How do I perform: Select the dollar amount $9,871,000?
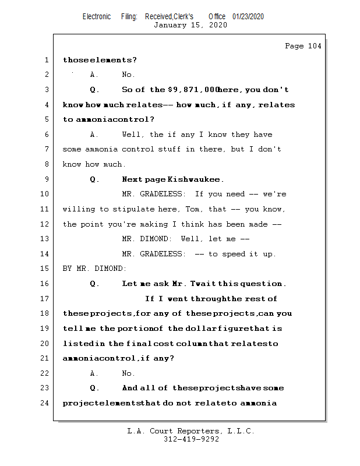[x=193, y=90]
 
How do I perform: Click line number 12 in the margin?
[x=45, y=224]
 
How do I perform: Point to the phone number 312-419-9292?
[x=191, y=439]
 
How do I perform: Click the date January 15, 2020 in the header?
[x=190, y=25]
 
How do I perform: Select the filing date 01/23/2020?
[x=248, y=17]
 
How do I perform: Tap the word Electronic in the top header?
[x=97, y=17]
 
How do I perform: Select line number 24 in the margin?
[x=45, y=403]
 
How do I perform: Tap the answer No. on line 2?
[x=128, y=75]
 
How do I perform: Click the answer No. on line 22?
[x=128, y=373]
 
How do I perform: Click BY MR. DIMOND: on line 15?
[x=94, y=269]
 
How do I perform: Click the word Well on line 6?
[x=133, y=135]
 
